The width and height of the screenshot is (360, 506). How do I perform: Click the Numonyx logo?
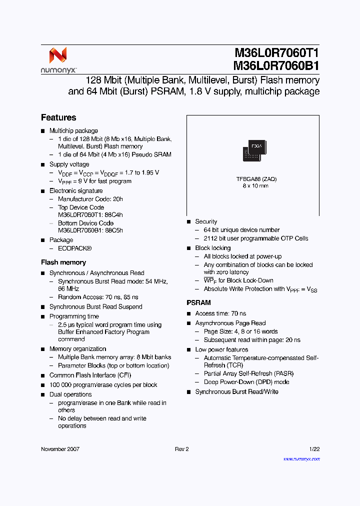[x=58, y=60]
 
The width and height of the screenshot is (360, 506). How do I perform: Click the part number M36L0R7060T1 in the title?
[x=276, y=53]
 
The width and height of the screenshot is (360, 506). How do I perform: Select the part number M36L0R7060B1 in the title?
[x=276, y=66]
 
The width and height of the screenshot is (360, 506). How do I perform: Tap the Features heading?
[x=58, y=117]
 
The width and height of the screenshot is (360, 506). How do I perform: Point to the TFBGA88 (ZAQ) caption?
[x=256, y=178]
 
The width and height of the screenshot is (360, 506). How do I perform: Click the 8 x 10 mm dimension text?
[x=255, y=185]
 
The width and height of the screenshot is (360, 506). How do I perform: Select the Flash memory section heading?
[x=63, y=262]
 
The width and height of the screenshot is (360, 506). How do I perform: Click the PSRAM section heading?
[x=198, y=302]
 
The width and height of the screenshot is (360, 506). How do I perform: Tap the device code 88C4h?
[x=114, y=215]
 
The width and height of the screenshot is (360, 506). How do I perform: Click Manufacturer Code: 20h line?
[x=90, y=199]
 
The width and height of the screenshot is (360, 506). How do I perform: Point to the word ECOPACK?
[x=73, y=248]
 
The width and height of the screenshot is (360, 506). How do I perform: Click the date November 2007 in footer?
[x=60, y=449]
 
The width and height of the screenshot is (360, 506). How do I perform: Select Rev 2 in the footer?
[x=181, y=449]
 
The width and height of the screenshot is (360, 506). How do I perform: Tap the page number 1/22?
[x=314, y=449]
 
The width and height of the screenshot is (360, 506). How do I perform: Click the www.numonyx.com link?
[x=301, y=458]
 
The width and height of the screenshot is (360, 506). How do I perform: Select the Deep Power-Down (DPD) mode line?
[x=246, y=382]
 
